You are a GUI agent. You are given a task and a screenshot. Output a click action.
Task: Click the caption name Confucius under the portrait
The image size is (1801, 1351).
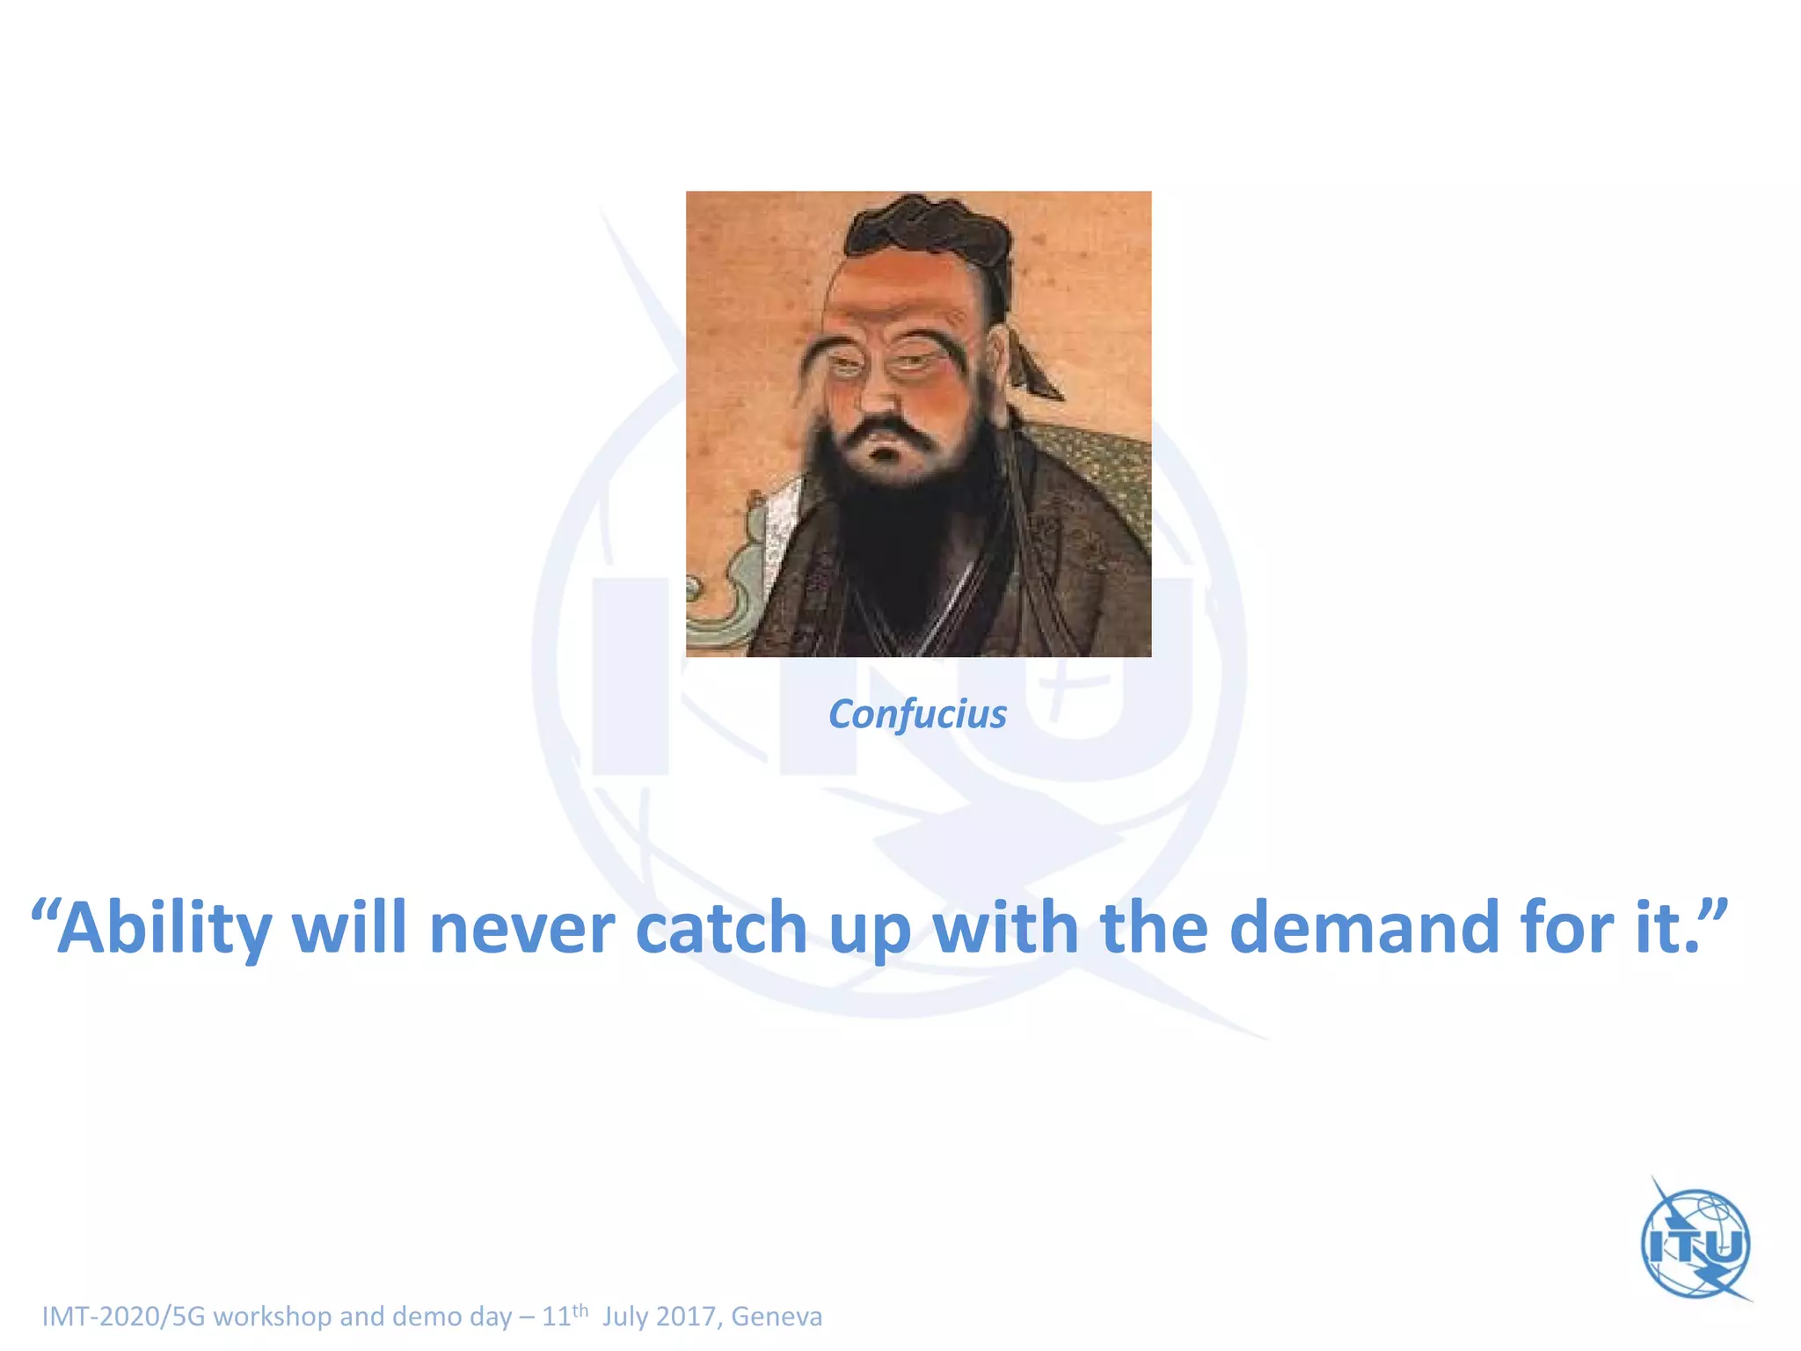pos(917,714)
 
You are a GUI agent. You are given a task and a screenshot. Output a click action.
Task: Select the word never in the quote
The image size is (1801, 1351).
pos(521,928)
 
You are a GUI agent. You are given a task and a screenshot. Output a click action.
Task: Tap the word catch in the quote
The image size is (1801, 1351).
pos(721,928)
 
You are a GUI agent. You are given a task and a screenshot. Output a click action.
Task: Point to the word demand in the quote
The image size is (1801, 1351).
pos(1363,928)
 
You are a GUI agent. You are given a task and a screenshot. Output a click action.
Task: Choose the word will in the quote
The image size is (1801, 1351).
pos(349,928)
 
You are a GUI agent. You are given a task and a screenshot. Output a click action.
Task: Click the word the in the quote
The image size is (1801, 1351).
pos(1154,928)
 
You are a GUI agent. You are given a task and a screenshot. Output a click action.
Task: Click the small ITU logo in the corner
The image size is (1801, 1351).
pos(1695,1243)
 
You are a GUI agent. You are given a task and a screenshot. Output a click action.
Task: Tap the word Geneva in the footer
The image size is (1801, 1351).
pos(777,1317)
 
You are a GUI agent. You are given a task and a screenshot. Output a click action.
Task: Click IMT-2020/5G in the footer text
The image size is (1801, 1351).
pos(123,1317)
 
